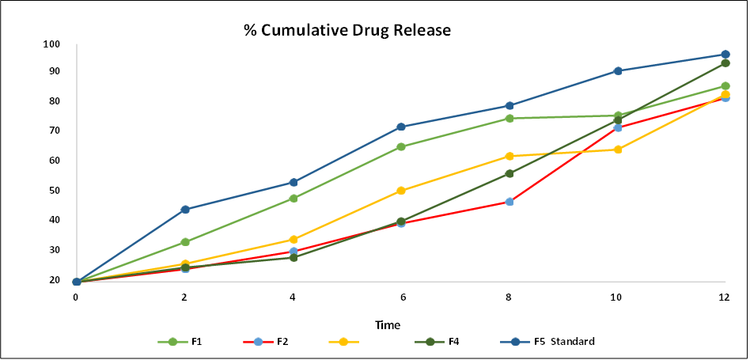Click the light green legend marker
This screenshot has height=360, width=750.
[x=172, y=342]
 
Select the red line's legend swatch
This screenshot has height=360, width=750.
[x=258, y=342]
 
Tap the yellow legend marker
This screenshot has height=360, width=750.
[x=343, y=342]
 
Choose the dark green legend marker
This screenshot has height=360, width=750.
[x=430, y=342]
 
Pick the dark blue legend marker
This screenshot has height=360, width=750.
[x=515, y=342]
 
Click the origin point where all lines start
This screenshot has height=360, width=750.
[x=77, y=281]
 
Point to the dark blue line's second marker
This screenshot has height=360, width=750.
[x=185, y=209]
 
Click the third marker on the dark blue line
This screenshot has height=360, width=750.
[x=294, y=182]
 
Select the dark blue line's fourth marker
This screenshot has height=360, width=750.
[x=401, y=127]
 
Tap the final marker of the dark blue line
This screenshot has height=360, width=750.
[x=725, y=55]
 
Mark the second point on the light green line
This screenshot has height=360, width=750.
[x=185, y=241]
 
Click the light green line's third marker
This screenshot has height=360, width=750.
[x=294, y=198]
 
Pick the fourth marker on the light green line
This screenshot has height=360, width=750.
[x=401, y=146]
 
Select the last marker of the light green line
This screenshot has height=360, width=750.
[x=725, y=85]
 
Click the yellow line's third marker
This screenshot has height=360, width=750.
[x=294, y=239]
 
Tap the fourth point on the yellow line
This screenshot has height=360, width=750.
[x=401, y=190]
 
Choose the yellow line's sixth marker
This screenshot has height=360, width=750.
[x=618, y=149]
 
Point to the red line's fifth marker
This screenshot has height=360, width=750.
[x=509, y=201]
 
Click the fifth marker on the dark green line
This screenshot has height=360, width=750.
[x=509, y=173]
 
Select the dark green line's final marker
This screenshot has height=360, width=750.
[x=725, y=63]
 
